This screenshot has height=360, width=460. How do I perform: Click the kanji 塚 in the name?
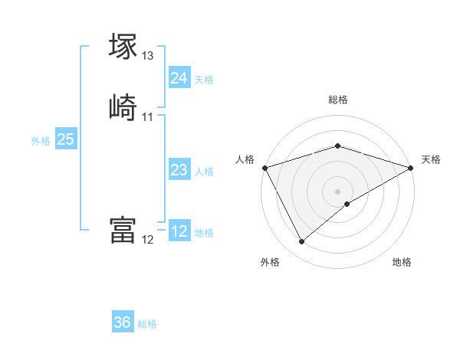[x=123, y=47]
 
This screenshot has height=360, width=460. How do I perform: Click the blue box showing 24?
[x=179, y=78]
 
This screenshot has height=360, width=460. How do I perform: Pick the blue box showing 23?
[x=179, y=170]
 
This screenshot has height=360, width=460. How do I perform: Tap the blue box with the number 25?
[x=66, y=139]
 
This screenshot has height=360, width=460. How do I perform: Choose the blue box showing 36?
[x=123, y=322]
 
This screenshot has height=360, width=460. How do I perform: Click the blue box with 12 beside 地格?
[x=179, y=231]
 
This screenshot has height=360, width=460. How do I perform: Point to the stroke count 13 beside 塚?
[x=148, y=56]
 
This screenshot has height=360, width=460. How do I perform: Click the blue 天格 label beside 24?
[x=204, y=80]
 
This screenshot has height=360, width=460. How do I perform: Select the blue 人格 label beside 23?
[x=204, y=172]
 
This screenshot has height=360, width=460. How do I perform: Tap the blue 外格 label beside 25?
[x=41, y=141]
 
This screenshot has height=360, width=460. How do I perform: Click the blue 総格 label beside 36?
[x=147, y=324]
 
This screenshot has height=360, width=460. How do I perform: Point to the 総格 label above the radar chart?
[x=338, y=100]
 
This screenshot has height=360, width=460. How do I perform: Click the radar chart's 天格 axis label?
[x=431, y=159]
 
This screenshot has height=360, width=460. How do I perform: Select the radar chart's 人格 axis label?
[x=245, y=159]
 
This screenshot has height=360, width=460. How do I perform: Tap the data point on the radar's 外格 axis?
[x=301, y=242]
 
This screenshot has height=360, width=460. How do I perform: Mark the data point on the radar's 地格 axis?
[x=348, y=204]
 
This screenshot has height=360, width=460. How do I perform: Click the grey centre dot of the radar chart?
[x=338, y=191]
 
